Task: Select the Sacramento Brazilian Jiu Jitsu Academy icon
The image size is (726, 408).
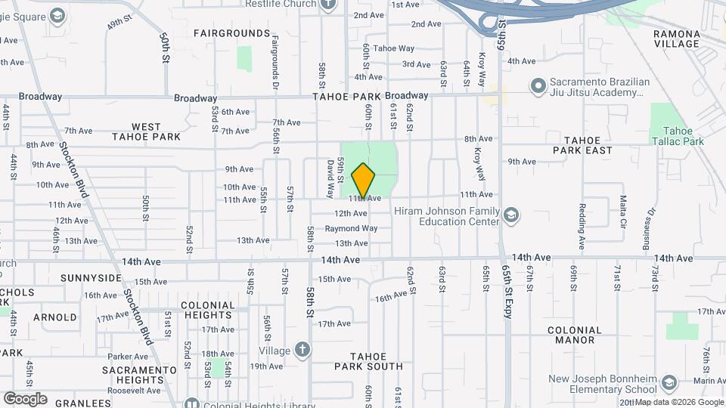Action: (x=537, y=85)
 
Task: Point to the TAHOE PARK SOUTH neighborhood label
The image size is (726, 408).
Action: (x=369, y=361)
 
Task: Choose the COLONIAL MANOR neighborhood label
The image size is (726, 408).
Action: (x=574, y=335)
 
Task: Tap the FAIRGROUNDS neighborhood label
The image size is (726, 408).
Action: (x=231, y=33)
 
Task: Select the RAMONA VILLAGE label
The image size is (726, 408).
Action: (x=677, y=39)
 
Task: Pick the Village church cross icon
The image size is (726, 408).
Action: (x=302, y=349)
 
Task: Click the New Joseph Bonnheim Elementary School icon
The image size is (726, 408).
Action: (x=668, y=384)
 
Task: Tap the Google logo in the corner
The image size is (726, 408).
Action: (x=25, y=398)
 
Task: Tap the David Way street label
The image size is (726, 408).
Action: (x=331, y=172)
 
